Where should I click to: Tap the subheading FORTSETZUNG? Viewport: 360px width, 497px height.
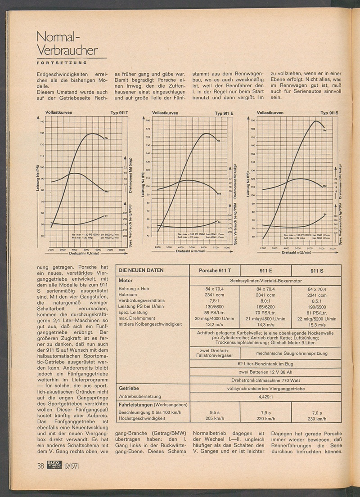pos(62,62)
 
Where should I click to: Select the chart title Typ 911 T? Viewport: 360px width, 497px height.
pos(119,112)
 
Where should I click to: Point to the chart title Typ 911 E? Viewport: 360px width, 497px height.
pos(224,113)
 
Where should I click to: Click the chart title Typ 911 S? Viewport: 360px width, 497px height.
pos(329,112)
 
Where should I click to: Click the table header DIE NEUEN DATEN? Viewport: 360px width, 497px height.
pos(140,270)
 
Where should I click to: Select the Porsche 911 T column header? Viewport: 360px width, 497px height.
pos(215,270)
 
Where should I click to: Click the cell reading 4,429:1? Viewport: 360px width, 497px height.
pos(265,397)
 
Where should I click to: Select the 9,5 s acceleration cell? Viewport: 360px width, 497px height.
pos(215,412)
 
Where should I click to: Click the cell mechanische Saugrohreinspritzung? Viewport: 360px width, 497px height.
pos(291,354)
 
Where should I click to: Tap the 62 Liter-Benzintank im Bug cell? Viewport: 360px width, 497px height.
pos(265,363)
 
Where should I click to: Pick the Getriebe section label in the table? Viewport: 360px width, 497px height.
pos(128,388)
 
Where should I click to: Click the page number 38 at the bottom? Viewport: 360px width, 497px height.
pos(40,466)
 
